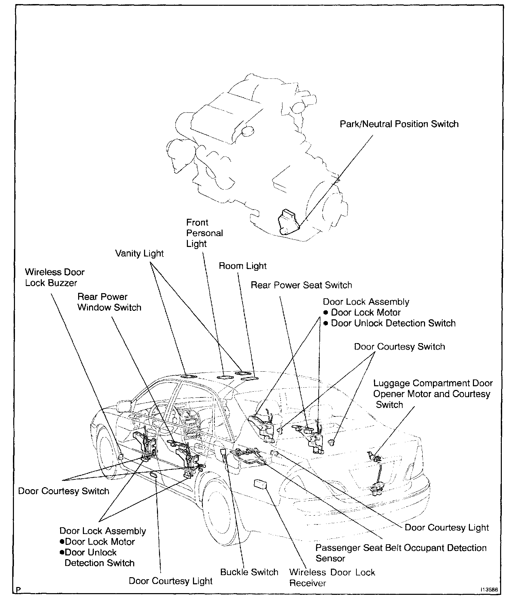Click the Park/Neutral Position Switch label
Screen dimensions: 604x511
(x=399, y=124)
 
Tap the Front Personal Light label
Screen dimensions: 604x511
(x=204, y=233)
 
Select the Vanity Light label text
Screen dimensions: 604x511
(x=139, y=253)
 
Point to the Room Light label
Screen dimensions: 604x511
(x=243, y=266)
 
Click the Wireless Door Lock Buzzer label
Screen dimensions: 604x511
(x=55, y=278)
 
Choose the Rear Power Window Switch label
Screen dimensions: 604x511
(x=109, y=302)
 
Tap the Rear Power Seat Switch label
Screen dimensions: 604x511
(x=301, y=285)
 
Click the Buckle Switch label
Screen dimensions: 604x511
(x=249, y=572)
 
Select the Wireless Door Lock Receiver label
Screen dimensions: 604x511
(x=332, y=578)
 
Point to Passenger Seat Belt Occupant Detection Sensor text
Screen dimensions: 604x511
(x=401, y=553)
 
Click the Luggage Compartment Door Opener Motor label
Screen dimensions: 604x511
(x=432, y=394)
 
